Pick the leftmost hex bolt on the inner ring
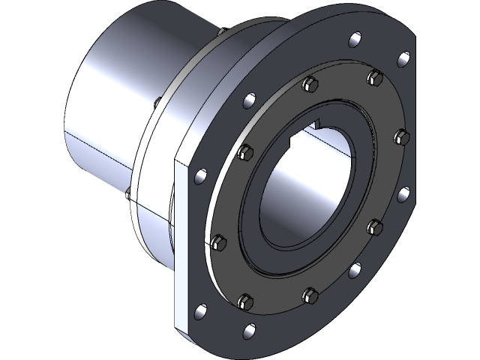click(x=218, y=241)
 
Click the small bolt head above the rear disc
click(x=224, y=31)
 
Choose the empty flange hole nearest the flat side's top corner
click(x=199, y=177)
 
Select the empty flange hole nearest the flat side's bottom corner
click(x=199, y=309)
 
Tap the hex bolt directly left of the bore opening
click(x=244, y=153)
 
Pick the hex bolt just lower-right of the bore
click(x=376, y=224)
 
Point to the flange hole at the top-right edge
click(x=403, y=58)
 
